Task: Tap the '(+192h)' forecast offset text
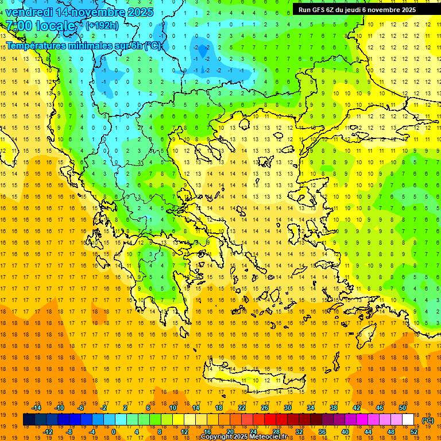click(102, 25)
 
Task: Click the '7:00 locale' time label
click(40, 26)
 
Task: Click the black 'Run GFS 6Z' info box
click(361, 10)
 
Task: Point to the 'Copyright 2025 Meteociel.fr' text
click(243, 437)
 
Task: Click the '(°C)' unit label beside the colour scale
click(428, 420)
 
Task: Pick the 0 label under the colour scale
click(114, 432)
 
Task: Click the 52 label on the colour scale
click(414, 432)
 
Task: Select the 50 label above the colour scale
click(403, 408)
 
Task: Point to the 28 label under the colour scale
click(276, 432)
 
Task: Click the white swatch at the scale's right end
click(408, 420)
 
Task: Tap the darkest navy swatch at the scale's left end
click(29, 420)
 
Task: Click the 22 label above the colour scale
click(242, 408)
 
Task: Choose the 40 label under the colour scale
click(345, 432)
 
